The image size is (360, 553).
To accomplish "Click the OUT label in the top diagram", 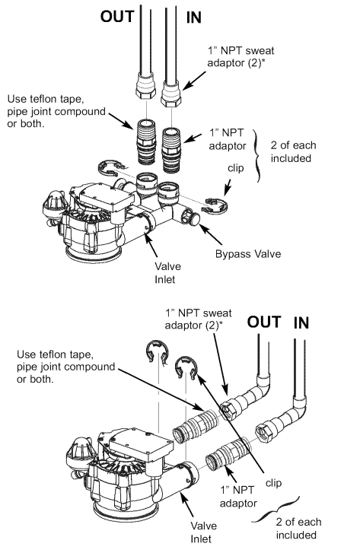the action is (117, 17).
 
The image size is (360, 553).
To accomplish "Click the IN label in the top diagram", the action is (194, 17).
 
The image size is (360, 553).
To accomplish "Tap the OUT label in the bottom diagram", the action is (264, 322).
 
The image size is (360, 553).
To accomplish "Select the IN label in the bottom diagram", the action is (301, 323).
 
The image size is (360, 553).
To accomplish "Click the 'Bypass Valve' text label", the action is (248, 254).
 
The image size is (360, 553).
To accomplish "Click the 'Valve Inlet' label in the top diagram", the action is (167, 272).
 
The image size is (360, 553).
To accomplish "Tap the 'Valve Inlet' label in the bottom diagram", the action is (204, 532).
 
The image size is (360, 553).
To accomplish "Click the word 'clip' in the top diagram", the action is (235, 168).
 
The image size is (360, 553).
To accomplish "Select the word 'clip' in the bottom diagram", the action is (273, 483).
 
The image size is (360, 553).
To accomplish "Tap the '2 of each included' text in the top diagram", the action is (293, 151).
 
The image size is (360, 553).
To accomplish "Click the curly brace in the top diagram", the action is (258, 155).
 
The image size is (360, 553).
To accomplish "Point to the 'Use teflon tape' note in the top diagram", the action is (56, 111).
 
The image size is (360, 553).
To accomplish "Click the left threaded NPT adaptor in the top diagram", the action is (146, 141).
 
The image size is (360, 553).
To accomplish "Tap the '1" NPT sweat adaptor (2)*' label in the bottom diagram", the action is (199, 319).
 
